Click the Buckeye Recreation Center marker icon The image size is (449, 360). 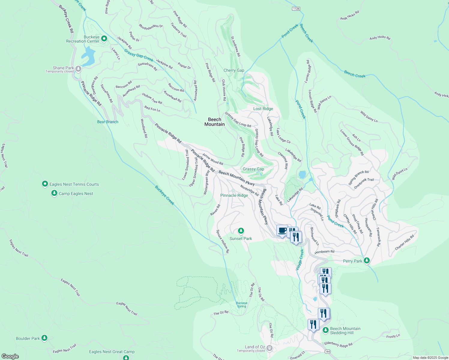point(104,39)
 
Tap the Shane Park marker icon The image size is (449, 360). point(78,69)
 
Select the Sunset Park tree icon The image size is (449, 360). point(241,231)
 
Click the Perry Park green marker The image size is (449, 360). point(366,261)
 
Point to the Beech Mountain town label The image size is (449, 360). point(214,122)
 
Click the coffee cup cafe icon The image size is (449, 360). point(282,230)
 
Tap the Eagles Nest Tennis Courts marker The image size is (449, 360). point(45,184)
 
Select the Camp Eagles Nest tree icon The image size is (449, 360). point(54,193)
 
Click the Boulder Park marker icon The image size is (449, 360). point(44,338)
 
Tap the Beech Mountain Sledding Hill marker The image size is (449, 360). point(326,330)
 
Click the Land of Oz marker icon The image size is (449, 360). point(270,348)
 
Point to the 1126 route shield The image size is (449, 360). point(296,9)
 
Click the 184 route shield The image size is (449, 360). point(327,351)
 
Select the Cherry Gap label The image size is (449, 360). point(234,70)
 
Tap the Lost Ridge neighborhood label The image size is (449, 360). point(263,109)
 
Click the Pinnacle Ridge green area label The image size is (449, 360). point(234,195)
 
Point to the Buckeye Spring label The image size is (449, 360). point(242,304)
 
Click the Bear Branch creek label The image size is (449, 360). point(108,122)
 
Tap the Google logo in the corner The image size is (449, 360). point(10,356)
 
